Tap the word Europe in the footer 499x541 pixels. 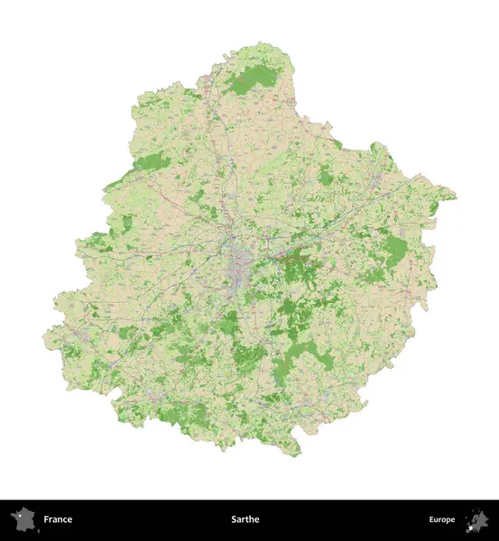tap(442, 519)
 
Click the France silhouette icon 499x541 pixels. tap(22, 520)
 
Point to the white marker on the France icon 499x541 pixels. tap(18, 517)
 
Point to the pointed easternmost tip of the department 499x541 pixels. tap(455, 196)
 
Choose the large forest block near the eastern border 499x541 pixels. tap(395, 249)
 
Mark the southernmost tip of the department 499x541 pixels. tap(293, 454)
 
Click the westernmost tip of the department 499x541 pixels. tap(43, 338)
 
